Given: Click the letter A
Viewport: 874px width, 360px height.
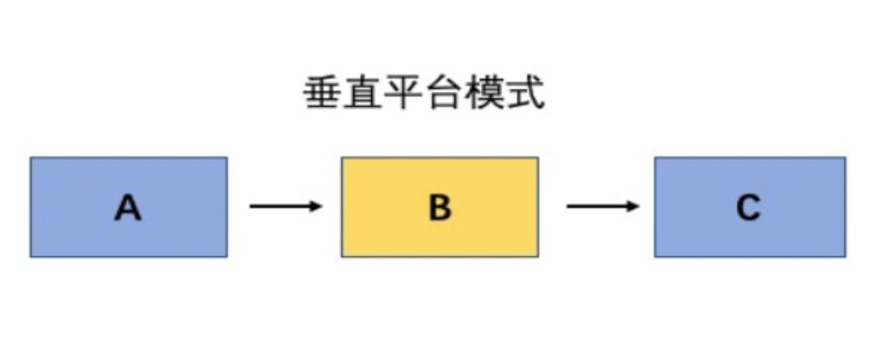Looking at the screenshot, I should [128, 208].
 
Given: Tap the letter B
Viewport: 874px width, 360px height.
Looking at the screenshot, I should [439, 208].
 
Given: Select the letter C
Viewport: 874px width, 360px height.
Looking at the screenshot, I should [748, 208].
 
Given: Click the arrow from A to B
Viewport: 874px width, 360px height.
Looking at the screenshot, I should [286, 206].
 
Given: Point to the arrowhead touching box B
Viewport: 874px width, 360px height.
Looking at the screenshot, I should [317, 206].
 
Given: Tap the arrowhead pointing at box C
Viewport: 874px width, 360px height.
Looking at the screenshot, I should [634, 206].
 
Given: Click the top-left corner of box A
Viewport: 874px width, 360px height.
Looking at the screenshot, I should [32, 159].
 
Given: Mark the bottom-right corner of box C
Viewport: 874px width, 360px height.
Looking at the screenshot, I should [844, 256].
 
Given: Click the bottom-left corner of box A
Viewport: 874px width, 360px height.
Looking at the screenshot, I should [32, 256].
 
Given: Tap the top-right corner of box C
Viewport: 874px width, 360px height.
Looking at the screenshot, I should [844, 159].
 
